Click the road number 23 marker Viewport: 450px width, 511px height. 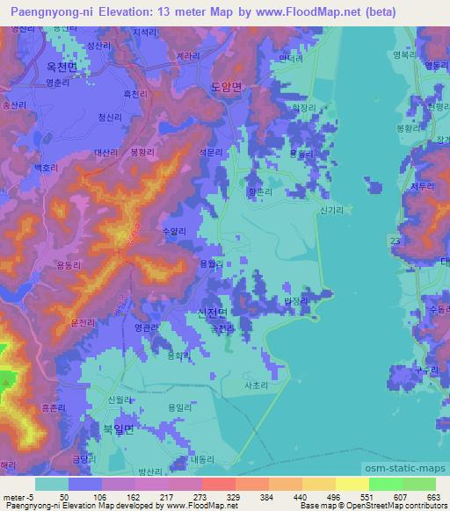click(x=397, y=239)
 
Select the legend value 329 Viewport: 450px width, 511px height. click(x=232, y=497)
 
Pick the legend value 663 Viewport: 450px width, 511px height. click(x=432, y=497)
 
